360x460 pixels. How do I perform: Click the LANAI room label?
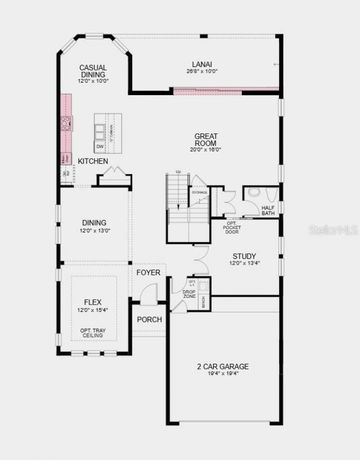[x=201, y=64]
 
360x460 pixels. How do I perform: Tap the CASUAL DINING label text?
[x=93, y=71]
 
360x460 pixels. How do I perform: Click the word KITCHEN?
[x=93, y=162]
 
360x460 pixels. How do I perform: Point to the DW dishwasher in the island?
[x=100, y=147]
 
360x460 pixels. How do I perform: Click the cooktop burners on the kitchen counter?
[x=66, y=123]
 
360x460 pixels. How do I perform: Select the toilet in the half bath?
[x=254, y=193]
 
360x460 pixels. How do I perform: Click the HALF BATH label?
[x=268, y=211]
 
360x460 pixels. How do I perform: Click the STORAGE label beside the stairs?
[x=200, y=193]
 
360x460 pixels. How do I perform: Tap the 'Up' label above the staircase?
[x=178, y=172]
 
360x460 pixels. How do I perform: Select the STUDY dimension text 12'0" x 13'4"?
[x=244, y=263]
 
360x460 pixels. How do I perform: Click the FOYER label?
[x=148, y=273]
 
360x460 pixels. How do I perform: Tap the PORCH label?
[x=149, y=319]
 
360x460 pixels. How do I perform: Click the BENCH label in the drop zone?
[x=202, y=302]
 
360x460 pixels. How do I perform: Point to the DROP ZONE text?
[x=189, y=294]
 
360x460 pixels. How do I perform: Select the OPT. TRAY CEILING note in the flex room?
[x=92, y=332]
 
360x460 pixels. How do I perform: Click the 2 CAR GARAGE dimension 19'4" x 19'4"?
[x=222, y=373]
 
